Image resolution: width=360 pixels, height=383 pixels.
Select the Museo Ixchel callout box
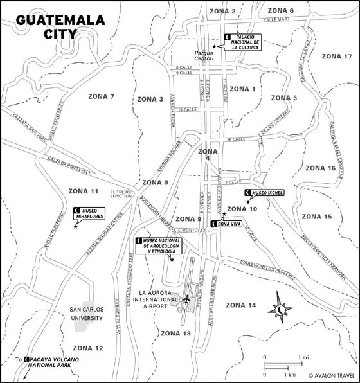(x=262, y=192)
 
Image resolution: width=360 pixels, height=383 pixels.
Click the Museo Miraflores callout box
(x=90, y=213)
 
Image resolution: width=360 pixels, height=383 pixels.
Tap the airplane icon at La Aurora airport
(x=186, y=299)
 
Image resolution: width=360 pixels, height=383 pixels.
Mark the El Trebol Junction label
(x=121, y=195)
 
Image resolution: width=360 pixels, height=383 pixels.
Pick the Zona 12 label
(x=89, y=348)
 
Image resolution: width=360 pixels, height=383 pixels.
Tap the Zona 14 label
(x=242, y=304)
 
